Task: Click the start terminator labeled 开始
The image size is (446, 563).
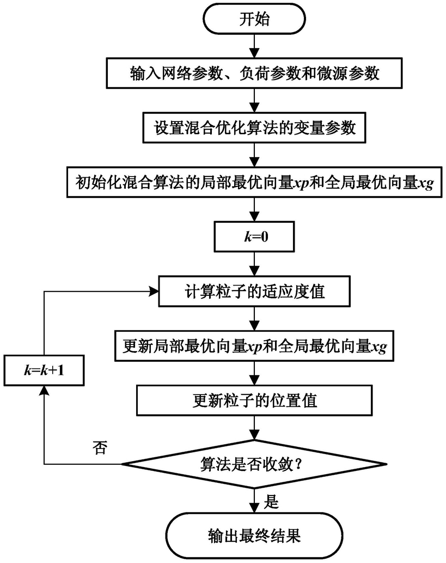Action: coord(254,19)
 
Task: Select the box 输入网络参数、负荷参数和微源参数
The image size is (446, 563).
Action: coord(254,73)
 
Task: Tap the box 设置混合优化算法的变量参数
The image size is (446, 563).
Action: coord(254,128)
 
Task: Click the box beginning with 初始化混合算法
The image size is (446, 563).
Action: coord(254,182)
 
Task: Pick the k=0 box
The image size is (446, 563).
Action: coord(254,237)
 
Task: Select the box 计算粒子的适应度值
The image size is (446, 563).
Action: coord(254,291)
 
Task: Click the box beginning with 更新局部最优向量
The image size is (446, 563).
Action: coord(254,346)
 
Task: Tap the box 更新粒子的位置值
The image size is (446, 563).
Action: coord(254,401)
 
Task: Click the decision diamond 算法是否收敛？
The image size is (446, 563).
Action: coord(254,464)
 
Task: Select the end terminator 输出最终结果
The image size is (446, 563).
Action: coord(254,536)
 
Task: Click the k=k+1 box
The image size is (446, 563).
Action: coord(44,370)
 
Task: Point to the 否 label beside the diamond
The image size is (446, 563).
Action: coord(100,448)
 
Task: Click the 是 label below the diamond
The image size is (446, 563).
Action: coord(271,501)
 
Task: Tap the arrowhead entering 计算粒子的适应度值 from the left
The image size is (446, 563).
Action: coord(154,291)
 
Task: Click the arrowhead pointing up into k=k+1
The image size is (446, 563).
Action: coord(44,391)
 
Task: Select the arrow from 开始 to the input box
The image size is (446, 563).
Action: coord(254,46)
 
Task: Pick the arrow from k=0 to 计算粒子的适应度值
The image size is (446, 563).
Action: coord(254,264)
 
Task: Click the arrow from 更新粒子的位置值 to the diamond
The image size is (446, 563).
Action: coord(254,428)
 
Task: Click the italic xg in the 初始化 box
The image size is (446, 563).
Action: coord(426,184)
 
